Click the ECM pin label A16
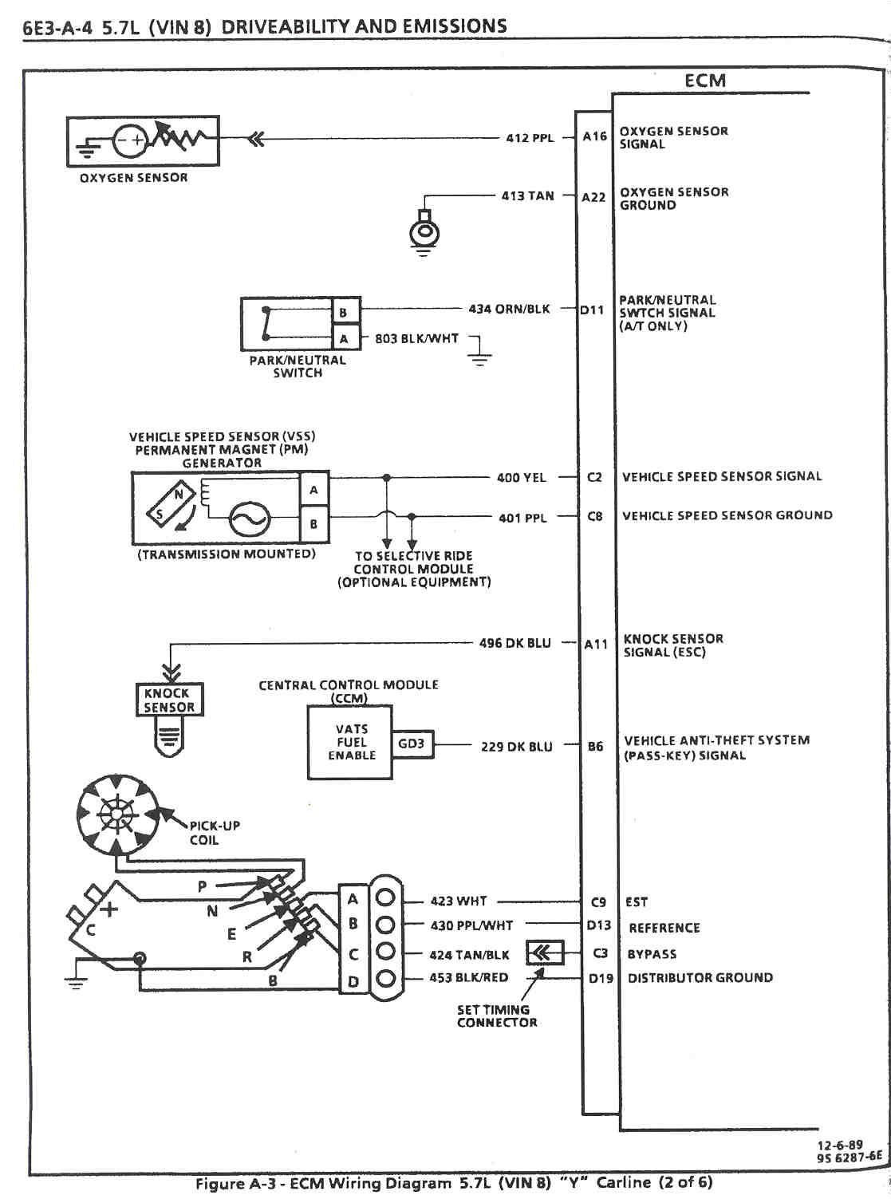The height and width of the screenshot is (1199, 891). pyautogui.click(x=594, y=136)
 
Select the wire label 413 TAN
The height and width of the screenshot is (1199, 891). pyautogui.click(x=527, y=195)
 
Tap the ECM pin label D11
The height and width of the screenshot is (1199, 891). pyautogui.click(x=592, y=310)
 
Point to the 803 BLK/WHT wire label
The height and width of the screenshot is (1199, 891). pyautogui.click(x=416, y=338)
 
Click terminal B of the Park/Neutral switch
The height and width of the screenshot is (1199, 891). pyautogui.click(x=344, y=312)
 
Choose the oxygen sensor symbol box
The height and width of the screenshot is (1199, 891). pyautogui.click(x=143, y=141)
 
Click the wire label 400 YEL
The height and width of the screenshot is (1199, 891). pyautogui.click(x=522, y=478)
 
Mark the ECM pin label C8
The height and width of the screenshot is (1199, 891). pyautogui.click(x=595, y=516)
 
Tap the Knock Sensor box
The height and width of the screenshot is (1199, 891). pyautogui.click(x=169, y=700)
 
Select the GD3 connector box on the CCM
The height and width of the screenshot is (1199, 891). pyautogui.click(x=412, y=744)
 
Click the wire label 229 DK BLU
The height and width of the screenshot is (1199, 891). pyautogui.click(x=516, y=747)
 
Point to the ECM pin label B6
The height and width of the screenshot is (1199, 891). pyautogui.click(x=595, y=747)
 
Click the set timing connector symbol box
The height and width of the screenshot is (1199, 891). pyautogui.click(x=544, y=952)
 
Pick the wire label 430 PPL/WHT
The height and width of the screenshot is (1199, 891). pyautogui.click(x=471, y=925)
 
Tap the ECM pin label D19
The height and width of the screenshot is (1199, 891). pyautogui.click(x=601, y=977)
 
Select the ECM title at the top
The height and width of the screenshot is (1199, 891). pyautogui.click(x=705, y=81)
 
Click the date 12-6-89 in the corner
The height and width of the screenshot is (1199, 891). pyautogui.click(x=840, y=1145)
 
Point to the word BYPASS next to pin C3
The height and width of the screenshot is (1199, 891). pyautogui.click(x=652, y=954)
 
